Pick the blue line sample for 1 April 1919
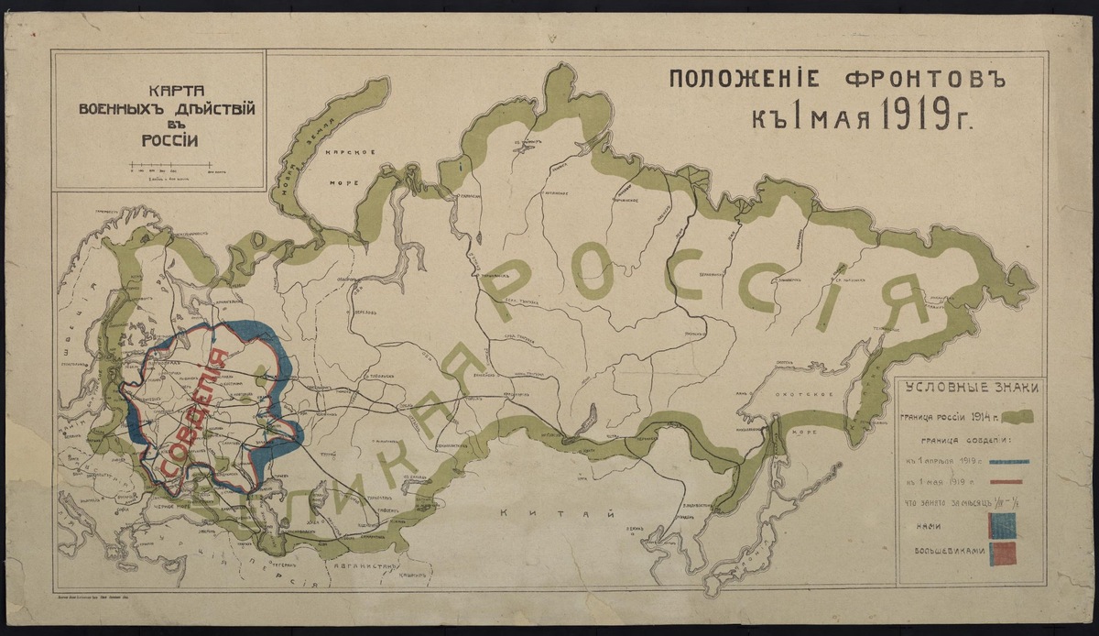tap(1005, 461)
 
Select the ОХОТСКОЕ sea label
tap(816, 395)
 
